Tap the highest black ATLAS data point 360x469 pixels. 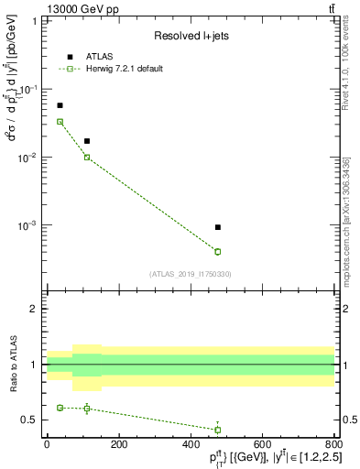click(x=60, y=105)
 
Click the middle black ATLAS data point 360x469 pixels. click(x=87, y=141)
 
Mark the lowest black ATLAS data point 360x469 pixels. click(x=218, y=226)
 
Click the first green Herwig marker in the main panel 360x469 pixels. click(x=60, y=121)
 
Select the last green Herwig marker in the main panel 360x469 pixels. click(x=218, y=251)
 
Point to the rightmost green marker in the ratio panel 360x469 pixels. click(x=218, y=430)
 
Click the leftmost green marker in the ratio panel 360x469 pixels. click(x=60, y=408)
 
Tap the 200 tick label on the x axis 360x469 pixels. click(x=118, y=443)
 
